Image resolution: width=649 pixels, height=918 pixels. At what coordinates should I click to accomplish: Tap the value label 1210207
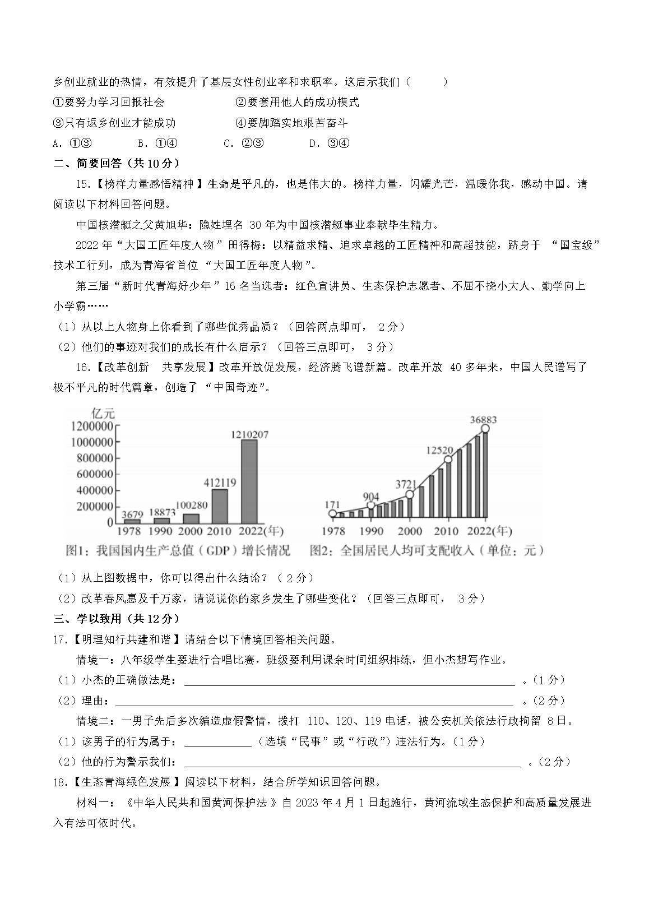pos(249,434)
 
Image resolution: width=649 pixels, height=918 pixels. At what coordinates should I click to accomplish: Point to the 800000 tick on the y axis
pos(92,458)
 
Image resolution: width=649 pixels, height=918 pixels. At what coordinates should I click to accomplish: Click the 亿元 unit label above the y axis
pos(103,414)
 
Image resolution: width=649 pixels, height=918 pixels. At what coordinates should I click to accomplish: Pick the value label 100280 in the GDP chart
pos(192,506)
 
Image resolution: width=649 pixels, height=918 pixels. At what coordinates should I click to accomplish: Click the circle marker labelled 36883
pos(485,429)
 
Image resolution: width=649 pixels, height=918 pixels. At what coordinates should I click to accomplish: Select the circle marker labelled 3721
pos(409,494)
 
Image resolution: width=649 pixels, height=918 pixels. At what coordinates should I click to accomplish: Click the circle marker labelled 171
pos(333,513)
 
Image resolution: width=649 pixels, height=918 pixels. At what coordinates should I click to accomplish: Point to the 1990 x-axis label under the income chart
pos(371,531)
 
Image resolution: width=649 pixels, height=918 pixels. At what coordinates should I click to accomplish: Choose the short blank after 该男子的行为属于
pos(217,741)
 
